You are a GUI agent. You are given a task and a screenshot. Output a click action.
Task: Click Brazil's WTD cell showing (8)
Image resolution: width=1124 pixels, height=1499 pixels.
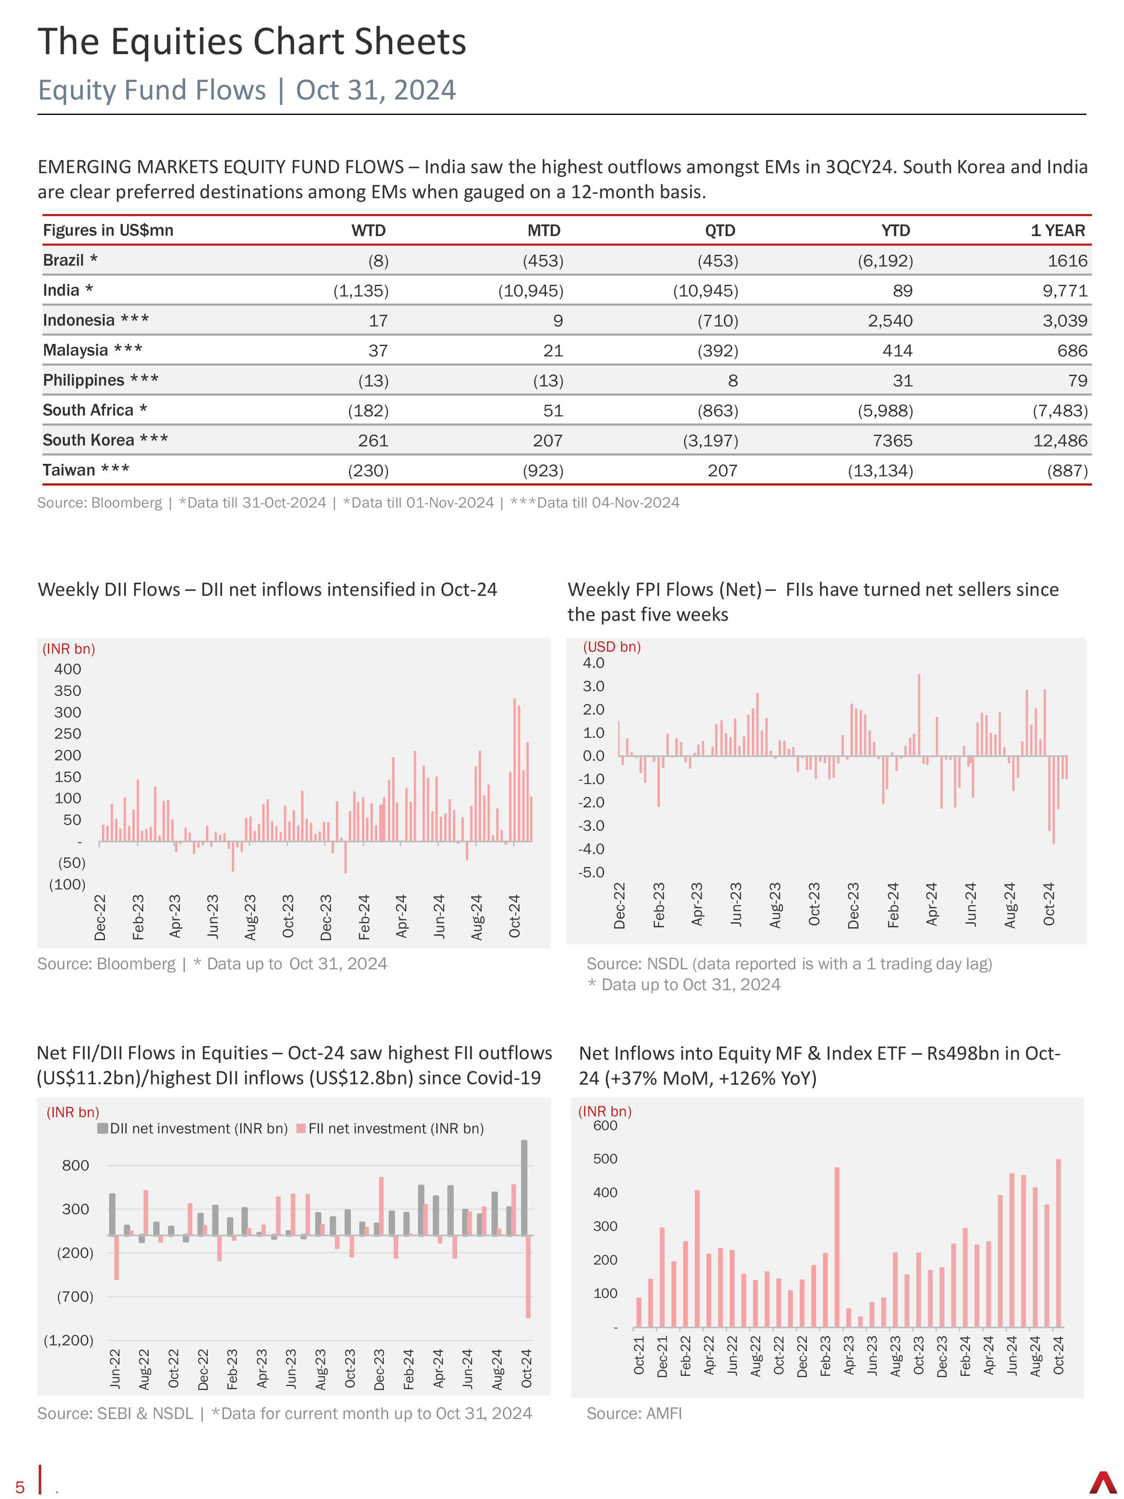click(378, 261)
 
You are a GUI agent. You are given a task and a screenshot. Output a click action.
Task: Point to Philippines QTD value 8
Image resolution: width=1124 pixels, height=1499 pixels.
click(732, 381)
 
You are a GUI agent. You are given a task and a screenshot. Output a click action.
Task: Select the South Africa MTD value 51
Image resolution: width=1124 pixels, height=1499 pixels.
click(553, 411)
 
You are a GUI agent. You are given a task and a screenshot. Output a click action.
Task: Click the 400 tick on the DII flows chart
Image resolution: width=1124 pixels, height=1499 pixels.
click(68, 669)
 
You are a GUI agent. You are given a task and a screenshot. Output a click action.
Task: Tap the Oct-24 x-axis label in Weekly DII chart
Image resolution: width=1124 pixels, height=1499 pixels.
click(514, 916)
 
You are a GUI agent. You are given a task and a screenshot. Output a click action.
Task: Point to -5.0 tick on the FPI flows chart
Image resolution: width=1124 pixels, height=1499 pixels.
click(591, 872)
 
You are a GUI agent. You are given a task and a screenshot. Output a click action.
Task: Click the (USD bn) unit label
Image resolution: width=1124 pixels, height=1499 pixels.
click(612, 647)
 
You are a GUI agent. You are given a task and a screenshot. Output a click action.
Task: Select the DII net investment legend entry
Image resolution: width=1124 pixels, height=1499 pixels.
click(193, 1128)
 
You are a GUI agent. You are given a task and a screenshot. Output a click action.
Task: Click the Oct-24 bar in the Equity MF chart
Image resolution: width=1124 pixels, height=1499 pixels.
click(1058, 1243)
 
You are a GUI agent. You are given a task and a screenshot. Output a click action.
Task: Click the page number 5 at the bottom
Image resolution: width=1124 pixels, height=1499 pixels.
click(20, 1487)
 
